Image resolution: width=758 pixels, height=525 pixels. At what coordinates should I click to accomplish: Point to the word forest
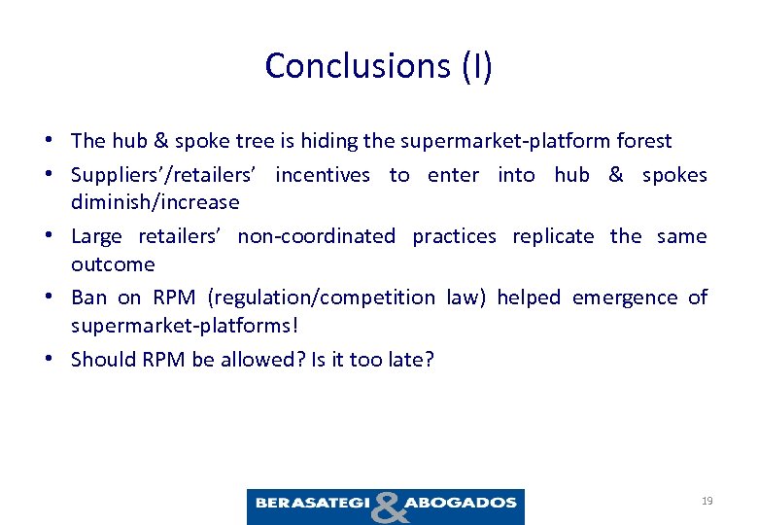(643, 141)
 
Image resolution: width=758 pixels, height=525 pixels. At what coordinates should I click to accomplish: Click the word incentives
(323, 175)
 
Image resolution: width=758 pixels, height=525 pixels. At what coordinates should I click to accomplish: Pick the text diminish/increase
(155, 202)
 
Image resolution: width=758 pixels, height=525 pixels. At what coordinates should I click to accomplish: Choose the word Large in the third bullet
(96, 236)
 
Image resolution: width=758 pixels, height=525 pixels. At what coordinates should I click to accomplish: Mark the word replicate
(551, 236)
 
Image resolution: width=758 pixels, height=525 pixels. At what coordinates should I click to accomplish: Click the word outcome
(113, 264)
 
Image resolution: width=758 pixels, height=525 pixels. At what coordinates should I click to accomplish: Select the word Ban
(88, 297)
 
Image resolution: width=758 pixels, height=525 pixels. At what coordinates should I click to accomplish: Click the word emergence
(621, 297)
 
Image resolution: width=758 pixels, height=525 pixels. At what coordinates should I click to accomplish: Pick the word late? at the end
(411, 360)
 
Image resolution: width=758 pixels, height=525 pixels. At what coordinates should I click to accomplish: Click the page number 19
(706, 501)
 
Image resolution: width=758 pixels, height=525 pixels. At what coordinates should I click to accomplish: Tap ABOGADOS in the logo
(461, 503)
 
